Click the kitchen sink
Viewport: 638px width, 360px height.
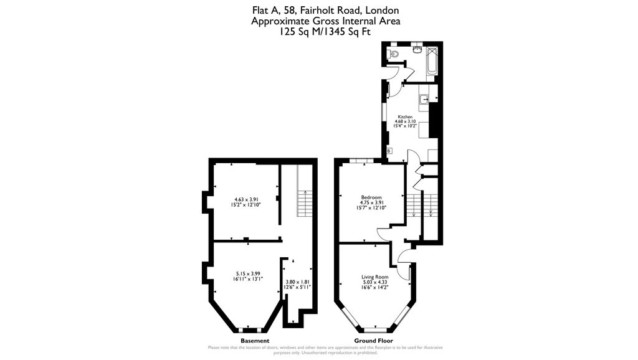point(424,98)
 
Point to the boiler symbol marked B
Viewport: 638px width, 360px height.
point(389,151)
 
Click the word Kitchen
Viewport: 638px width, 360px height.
point(406,116)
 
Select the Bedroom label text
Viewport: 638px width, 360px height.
point(371,197)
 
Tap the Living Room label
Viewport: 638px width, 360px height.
point(375,277)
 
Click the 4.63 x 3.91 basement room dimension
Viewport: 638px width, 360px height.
point(245,199)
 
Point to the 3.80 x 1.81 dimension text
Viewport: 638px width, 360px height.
point(297,282)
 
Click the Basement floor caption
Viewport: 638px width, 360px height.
point(255,341)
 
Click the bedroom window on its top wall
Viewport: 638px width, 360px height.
point(357,161)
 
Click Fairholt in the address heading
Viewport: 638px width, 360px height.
point(305,10)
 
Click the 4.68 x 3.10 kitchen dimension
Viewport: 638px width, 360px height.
point(406,121)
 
